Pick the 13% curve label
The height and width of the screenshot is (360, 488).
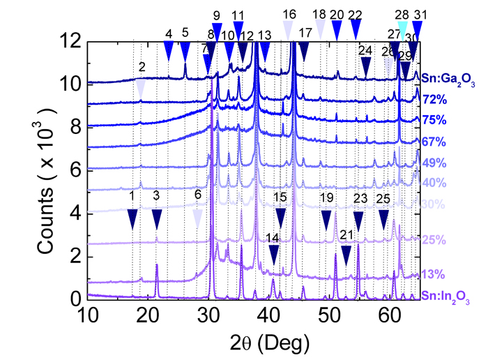tap(430, 273)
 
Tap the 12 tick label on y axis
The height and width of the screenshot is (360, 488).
tap(73, 41)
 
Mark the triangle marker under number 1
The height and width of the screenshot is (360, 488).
tap(132, 219)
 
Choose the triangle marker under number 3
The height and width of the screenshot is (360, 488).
tap(156, 219)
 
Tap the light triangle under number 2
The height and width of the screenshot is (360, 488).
tap(142, 87)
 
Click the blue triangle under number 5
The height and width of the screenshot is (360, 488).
tap(185, 52)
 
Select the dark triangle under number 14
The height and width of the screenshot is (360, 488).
tap(273, 255)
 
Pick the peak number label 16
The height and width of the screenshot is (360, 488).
tap(289, 14)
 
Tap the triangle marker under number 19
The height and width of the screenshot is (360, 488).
tap(326, 220)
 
